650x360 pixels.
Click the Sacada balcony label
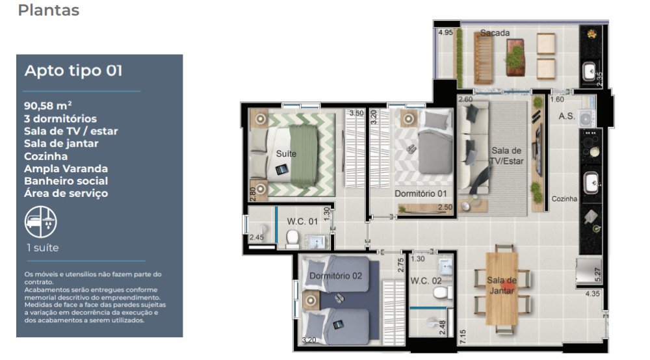[495, 32]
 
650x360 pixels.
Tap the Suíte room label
[286, 154]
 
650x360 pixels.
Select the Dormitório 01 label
[421, 194]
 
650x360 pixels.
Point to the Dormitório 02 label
[336, 276]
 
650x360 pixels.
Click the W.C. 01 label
[302, 222]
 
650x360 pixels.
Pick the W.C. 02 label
[426, 281]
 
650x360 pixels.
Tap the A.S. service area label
[567, 116]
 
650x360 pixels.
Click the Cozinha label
[564, 199]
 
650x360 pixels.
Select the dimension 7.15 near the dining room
[463, 337]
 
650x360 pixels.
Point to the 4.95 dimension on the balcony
[446, 32]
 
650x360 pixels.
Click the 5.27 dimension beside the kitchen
[597, 275]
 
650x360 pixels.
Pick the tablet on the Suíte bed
[281, 169]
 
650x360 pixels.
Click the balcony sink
[590, 71]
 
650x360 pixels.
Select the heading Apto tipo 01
[73, 70]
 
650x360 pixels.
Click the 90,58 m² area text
[47, 106]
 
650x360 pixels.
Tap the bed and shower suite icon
[40, 222]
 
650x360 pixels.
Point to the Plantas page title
[49, 10]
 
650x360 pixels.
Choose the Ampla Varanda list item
[66, 168]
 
